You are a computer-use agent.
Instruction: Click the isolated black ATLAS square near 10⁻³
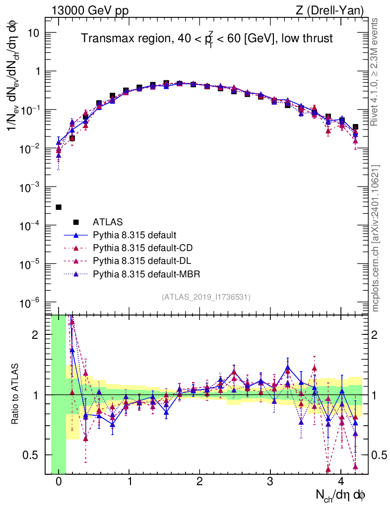pos(59,207)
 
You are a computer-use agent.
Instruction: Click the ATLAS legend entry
pos(107,222)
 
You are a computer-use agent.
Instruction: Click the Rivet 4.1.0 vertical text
pos(376,72)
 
